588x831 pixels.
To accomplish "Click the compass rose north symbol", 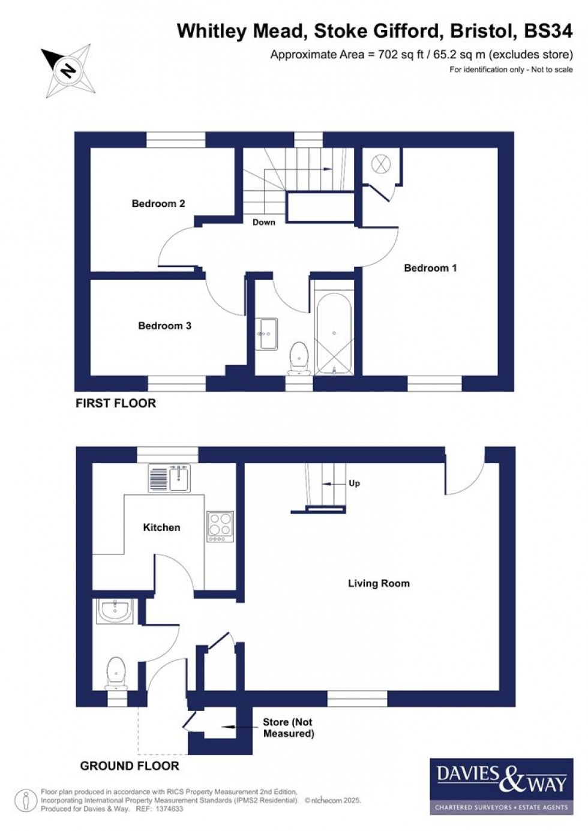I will [x=67, y=71].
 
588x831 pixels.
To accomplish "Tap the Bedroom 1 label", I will [x=430, y=268].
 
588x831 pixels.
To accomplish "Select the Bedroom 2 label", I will [x=158, y=204].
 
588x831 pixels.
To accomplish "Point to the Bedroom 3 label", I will [x=164, y=326].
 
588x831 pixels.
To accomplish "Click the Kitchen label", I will [x=161, y=527].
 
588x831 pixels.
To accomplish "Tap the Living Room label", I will [x=379, y=583].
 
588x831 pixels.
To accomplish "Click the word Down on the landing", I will [x=263, y=222].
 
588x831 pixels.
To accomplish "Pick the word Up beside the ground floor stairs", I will [x=354, y=483].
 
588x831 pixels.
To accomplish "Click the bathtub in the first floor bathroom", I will [x=334, y=334].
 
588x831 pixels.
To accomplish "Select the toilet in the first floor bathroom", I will [x=298, y=357].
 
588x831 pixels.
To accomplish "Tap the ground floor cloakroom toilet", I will [x=116, y=672].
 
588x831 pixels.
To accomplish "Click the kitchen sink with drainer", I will [x=169, y=479].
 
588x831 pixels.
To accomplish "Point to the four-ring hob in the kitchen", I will [x=220, y=526].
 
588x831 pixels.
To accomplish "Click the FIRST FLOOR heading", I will [x=116, y=403].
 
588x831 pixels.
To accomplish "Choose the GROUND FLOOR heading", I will [x=130, y=766].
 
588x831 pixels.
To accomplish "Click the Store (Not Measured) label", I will [x=288, y=728].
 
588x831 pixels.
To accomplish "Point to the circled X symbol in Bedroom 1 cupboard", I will [x=380, y=163].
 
